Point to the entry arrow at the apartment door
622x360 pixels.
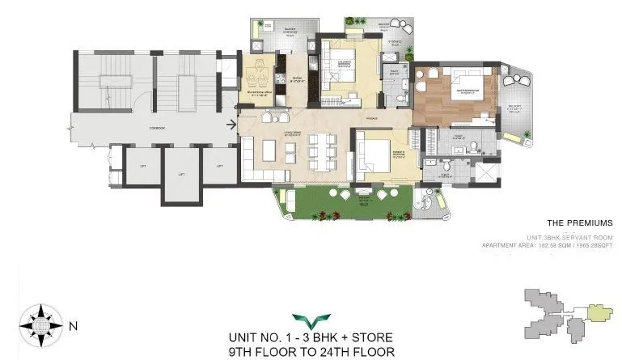click(231, 125)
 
